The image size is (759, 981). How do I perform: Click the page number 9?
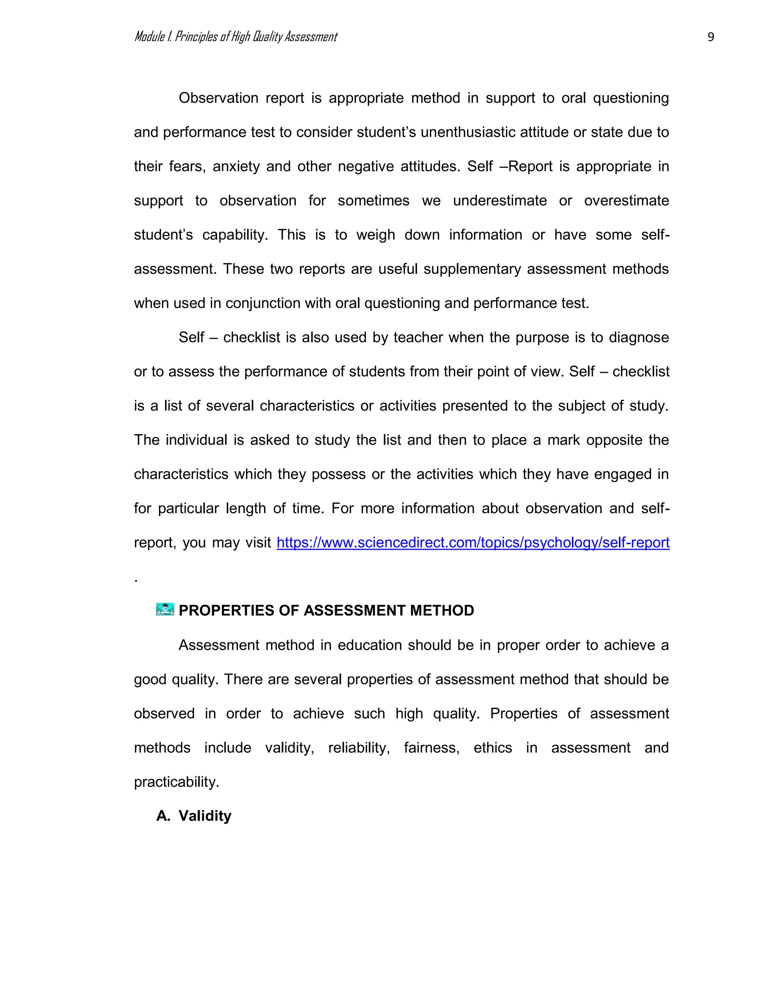(x=710, y=37)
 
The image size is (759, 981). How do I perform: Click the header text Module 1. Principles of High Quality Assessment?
(x=236, y=37)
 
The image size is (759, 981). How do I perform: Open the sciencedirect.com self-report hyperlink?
(x=473, y=543)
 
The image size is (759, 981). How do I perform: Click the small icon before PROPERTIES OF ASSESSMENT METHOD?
(x=165, y=610)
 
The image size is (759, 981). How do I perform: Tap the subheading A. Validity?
(x=194, y=816)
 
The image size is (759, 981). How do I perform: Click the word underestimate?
(x=500, y=201)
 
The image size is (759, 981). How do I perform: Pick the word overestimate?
(x=626, y=201)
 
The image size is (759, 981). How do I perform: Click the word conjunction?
(x=263, y=303)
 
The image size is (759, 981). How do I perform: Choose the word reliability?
(x=359, y=748)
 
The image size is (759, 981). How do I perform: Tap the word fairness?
(x=432, y=748)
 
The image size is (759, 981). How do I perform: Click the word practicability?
(x=176, y=782)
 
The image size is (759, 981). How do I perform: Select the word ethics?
(x=493, y=748)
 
